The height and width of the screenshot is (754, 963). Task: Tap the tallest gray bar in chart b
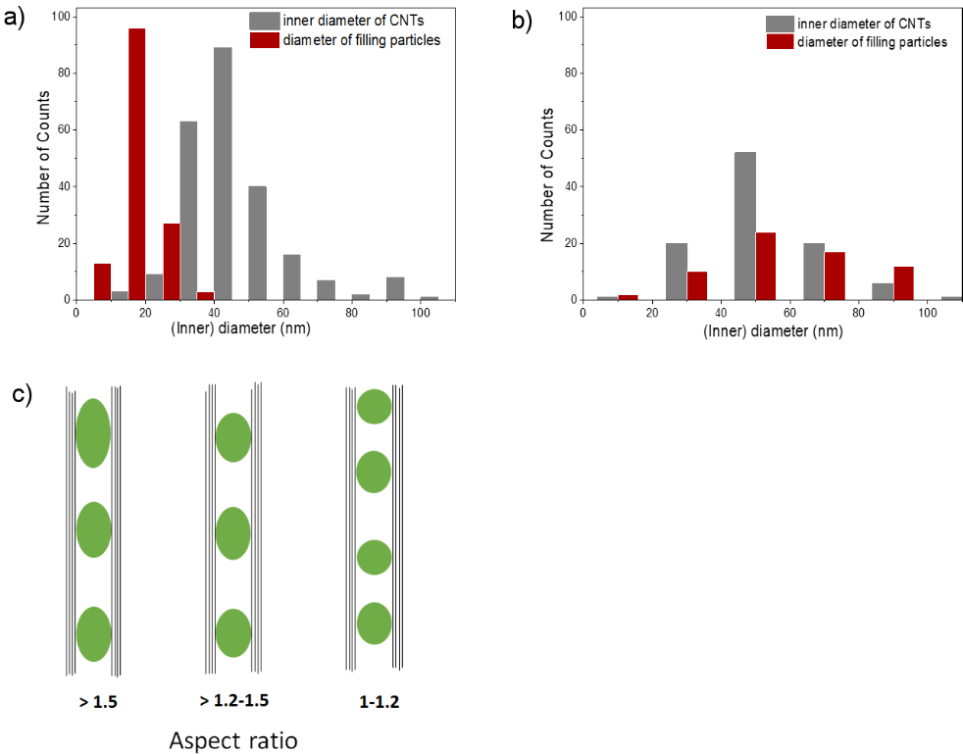[745, 226]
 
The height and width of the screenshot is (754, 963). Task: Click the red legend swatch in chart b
[779, 41]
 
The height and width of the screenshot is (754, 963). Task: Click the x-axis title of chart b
[772, 331]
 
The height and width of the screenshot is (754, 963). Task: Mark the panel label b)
[522, 20]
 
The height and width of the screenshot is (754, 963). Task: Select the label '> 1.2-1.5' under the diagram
[233, 700]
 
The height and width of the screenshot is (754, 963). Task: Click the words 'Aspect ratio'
[233, 739]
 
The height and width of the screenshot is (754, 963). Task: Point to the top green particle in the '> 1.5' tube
[93, 432]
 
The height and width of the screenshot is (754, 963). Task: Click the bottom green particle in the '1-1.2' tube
[375, 623]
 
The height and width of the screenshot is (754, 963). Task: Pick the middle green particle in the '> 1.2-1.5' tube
[233, 533]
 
